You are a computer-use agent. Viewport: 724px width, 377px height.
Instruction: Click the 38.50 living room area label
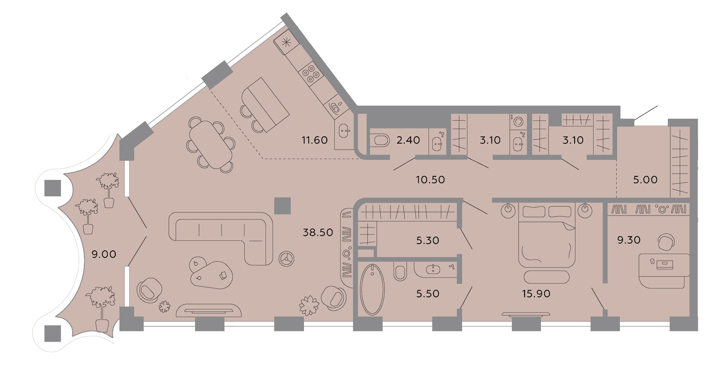tap(318, 232)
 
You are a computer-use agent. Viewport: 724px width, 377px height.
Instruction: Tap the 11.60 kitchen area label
tap(315, 140)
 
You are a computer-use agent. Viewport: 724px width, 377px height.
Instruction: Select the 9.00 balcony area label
tap(104, 254)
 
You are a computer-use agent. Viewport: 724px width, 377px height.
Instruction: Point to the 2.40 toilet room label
tap(408, 140)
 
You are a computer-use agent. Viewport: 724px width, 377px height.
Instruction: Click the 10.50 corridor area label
tap(430, 180)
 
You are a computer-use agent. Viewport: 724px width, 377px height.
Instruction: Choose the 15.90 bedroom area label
tap(536, 294)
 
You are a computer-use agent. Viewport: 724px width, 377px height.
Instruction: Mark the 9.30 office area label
tap(629, 240)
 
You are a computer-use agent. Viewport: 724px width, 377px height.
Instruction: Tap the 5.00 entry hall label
tap(645, 180)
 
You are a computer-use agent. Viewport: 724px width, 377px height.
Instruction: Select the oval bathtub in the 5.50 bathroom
tap(372, 290)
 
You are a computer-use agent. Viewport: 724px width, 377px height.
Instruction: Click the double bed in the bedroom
tap(547, 235)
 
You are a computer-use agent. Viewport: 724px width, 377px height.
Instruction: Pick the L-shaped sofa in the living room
tap(221, 239)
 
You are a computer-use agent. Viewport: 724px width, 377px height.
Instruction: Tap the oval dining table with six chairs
tap(211, 145)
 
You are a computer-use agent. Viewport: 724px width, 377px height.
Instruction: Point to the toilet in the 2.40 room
tap(380, 141)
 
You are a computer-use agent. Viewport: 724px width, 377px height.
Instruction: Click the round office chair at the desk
tap(666, 242)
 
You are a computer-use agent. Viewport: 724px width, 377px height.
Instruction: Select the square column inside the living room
tap(282, 206)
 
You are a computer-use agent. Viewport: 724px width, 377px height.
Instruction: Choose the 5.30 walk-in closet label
tap(427, 240)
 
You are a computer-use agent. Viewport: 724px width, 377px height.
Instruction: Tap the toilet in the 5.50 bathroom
tap(400, 271)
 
